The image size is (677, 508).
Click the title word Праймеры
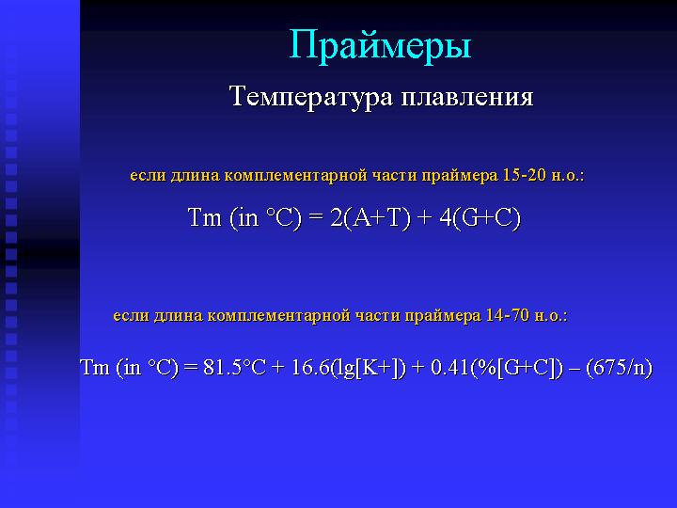(x=380, y=46)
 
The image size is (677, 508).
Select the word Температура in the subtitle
(x=312, y=97)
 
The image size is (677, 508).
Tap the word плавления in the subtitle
(x=467, y=97)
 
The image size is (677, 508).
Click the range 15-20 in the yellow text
(x=525, y=175)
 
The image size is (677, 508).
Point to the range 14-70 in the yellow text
(x=508, y=315)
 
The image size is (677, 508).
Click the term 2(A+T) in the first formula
(x=370, y=217)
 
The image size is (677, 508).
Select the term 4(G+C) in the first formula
(x=480, y=217)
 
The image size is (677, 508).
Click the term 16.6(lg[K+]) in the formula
(x=349, y=368)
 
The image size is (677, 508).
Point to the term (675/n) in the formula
(x=619, y=368)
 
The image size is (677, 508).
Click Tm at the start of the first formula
(x=205, y=217)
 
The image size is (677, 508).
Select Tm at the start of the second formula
(x=95, y=368)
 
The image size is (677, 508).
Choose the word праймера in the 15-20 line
(x=460, y=176)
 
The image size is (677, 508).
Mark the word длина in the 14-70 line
(x=179, y=316)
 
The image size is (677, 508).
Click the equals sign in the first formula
(x=316, y=217)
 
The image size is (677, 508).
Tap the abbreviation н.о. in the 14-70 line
(x=550, y=316)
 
